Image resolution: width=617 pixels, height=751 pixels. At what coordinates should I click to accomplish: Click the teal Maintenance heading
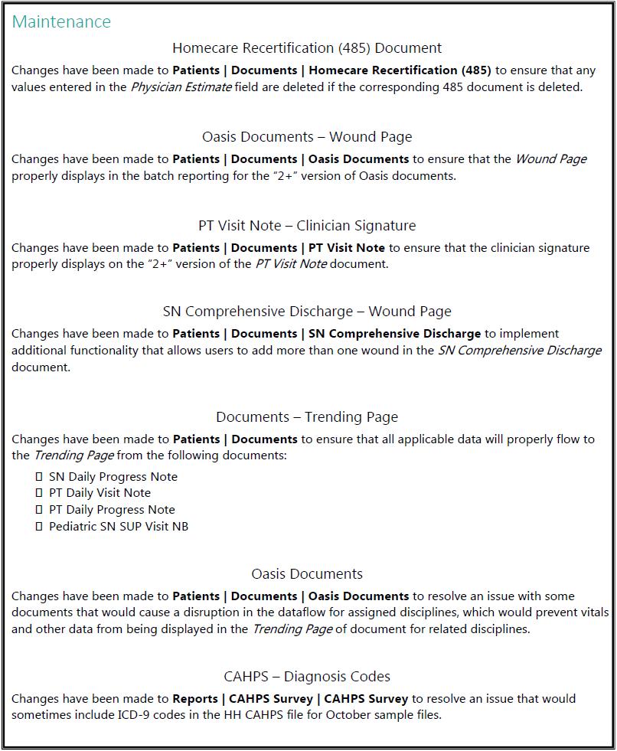(61, 21)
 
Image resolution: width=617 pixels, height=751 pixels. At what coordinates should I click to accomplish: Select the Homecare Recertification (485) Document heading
(307, 48)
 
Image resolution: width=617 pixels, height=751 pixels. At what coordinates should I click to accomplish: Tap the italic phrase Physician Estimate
(181, 87)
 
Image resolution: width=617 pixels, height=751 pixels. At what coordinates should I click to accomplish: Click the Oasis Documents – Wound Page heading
(307, 137)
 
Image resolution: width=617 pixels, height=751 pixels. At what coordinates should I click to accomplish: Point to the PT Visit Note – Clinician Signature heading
(307, 226)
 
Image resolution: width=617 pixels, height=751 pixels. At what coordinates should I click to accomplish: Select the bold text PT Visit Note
(346, 248)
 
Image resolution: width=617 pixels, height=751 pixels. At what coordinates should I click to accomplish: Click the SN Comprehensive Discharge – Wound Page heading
(307, 312)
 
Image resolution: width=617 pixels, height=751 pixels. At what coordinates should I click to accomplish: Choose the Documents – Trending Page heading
(307, 417)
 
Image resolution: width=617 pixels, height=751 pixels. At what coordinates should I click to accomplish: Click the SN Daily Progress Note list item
(113, 476)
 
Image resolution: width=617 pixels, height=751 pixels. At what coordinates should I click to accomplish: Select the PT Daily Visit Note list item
(100, 493)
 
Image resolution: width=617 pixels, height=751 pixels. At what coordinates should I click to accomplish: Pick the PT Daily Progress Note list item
(112, 510)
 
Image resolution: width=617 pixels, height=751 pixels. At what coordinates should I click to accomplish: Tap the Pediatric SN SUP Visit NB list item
(119, 527)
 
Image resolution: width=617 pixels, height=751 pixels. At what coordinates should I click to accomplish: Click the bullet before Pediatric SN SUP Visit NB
(38, 527)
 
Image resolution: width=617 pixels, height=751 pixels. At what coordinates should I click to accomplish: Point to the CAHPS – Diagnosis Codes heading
(307, 677)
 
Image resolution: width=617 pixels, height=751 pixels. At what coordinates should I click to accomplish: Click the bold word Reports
(194, 699)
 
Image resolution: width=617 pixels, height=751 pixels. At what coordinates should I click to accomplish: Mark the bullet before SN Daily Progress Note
(38, 476)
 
